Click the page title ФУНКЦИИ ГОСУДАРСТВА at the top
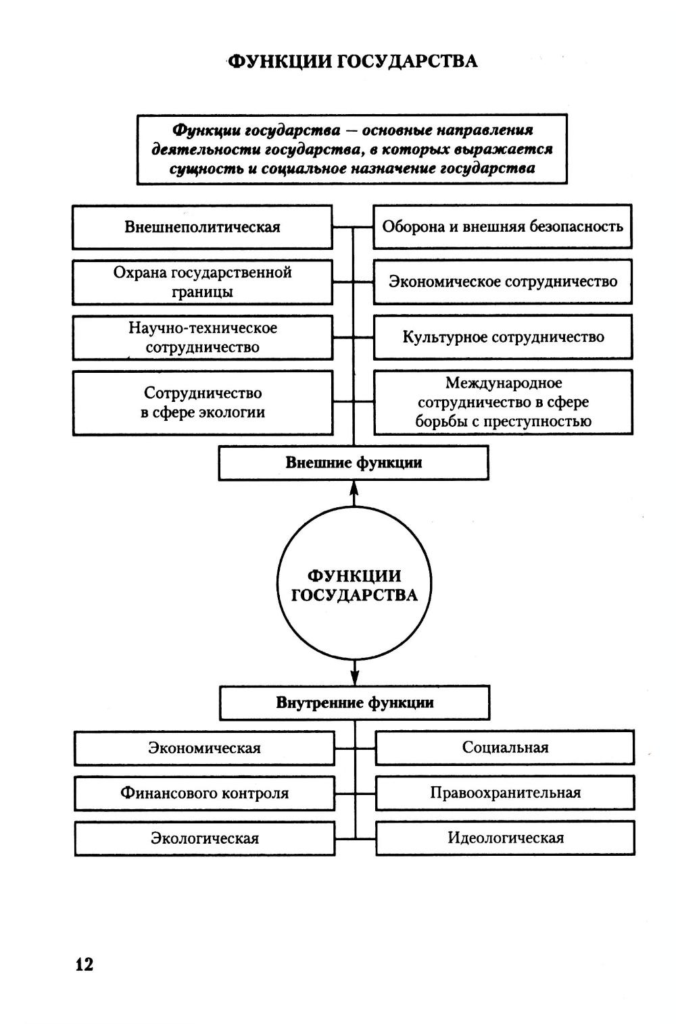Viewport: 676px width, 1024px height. click(x=352, y=61)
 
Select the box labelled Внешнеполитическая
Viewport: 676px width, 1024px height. click(x=202, y=227)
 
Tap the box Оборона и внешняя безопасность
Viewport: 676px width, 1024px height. click(x=502, y=227)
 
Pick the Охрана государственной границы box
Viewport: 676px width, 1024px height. click(x=202, y=282)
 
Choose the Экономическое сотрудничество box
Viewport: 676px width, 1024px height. click(x=502, y=282)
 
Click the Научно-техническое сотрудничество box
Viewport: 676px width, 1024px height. click(x=202, y=338)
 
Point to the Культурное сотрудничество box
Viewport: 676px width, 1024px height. click(x=502, y=337)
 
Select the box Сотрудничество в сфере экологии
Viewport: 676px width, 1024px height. click(x=202, y=403)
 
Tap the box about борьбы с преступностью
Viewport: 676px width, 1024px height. click(x=502, y=403)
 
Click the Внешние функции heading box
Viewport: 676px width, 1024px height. click(x=354, y=463)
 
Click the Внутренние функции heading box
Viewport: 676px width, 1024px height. click(x=354, y=702)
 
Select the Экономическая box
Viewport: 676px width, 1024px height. click(x=204, y=748)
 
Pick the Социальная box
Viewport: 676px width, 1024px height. click(x=505, y=748)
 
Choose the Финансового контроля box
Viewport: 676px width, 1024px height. click(x=204, y=793)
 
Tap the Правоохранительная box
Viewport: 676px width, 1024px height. click(x=505, y=793)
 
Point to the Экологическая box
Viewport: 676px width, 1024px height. click(x=204, y=838)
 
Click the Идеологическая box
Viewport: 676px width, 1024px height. click(x=505, y=838)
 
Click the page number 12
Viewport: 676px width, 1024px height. click(x=84, y=965)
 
